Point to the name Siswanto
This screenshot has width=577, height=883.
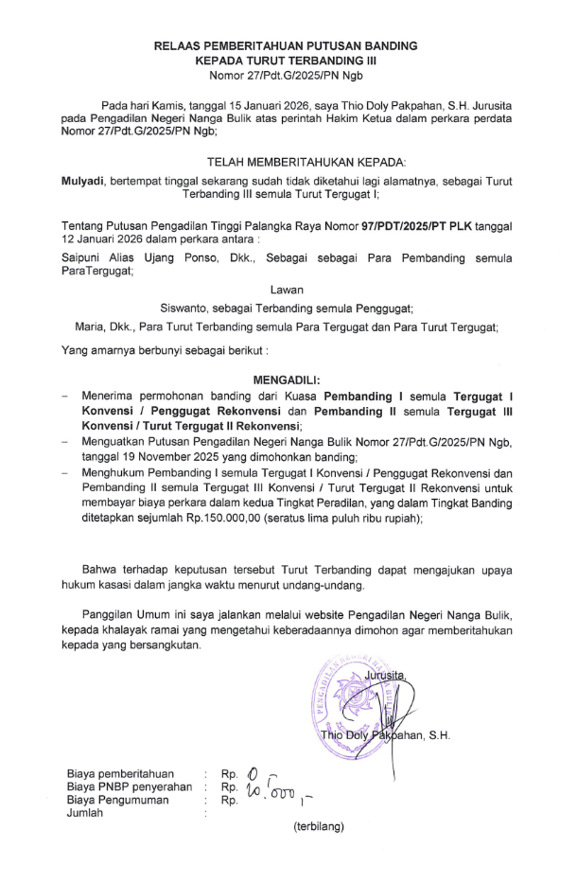[x=186, y=308]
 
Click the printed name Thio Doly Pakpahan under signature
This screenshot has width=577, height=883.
[x=383, y=735]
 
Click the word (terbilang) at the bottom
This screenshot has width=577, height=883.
[x=318, y=826]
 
